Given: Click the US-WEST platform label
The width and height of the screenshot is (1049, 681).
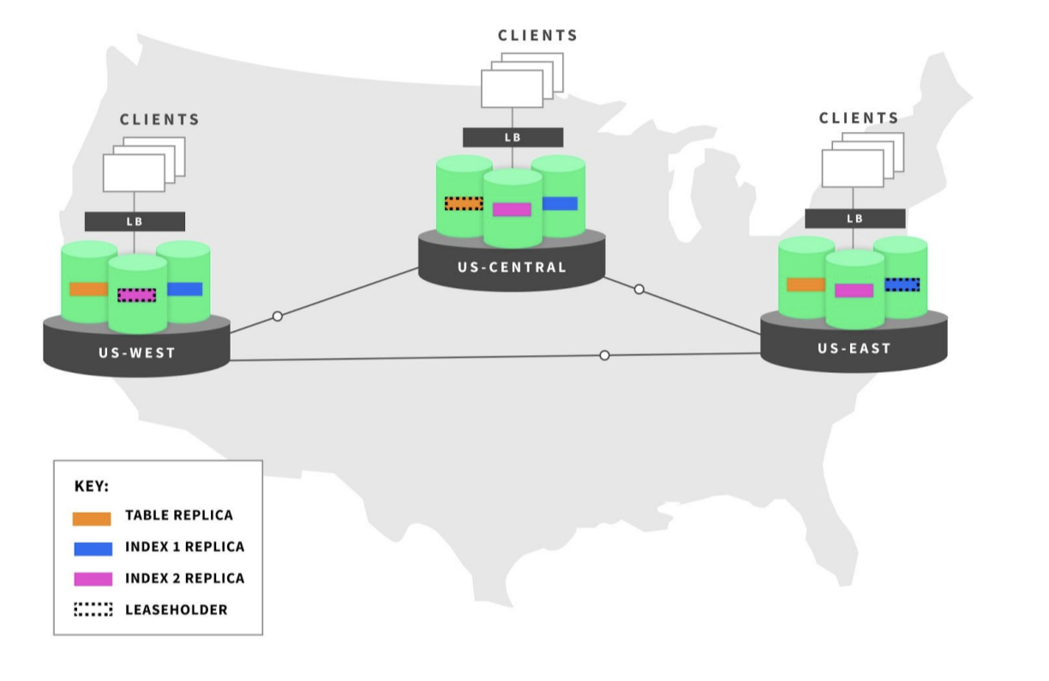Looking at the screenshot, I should [x=136, y=353].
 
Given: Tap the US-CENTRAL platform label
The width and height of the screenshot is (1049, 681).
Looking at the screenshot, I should [x=512, y=267].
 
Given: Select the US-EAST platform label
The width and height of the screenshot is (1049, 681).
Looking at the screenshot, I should [x=854, y=348].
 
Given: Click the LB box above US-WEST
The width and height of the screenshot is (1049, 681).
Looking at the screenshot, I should [x=135, y=221].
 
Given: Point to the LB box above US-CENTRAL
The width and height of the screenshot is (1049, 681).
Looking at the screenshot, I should [x=513, y=137].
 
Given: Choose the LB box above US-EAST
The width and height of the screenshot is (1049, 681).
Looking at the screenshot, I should [x=854, y=219].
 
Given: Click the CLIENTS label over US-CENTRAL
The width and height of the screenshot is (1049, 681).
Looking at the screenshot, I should [x=538, y=36].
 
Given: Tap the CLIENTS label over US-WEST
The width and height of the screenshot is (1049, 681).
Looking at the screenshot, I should [x=159, y=120].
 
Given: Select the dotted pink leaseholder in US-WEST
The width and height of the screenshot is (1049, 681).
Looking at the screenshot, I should [x=137, y=295].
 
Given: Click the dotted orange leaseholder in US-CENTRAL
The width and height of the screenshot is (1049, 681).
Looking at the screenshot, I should [x=464, y=203].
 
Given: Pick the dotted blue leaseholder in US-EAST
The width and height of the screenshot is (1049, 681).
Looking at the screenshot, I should [x=902, y=284].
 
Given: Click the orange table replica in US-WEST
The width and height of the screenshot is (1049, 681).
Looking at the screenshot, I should [x=88, y=289].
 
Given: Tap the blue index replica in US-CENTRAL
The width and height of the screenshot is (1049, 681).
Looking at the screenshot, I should [x=560, y=203].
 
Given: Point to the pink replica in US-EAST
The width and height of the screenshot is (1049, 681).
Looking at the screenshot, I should [x=854, y=291].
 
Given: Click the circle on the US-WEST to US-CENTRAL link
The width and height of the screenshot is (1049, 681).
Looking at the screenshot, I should [x=277, y=316].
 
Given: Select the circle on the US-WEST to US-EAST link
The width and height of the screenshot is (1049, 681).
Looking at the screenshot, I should [x=604, y=355].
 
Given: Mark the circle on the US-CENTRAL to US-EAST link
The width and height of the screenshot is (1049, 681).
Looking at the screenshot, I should [x=638, y=290].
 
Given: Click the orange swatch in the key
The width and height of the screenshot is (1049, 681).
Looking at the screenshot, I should [x=93, y=517].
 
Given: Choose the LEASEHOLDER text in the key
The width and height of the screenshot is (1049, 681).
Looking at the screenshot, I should [x=177, y=610].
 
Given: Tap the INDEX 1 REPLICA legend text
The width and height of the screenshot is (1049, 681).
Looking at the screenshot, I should [x=184, y=547].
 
